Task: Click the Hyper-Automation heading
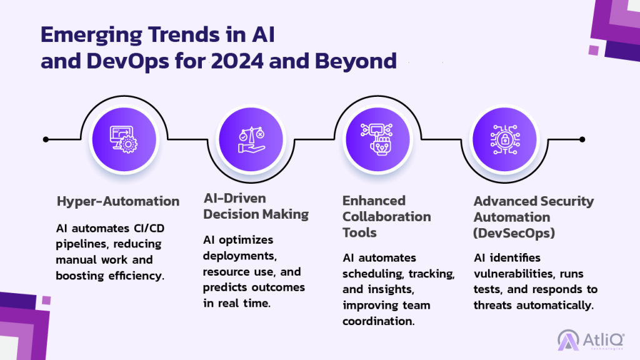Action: point(118,202)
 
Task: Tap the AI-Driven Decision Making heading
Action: point(256,206)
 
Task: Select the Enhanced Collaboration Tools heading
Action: point(386,216)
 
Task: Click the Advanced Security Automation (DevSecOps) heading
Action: point(534,217)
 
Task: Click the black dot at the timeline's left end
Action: point(46,139)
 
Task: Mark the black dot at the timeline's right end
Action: point(582,139)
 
